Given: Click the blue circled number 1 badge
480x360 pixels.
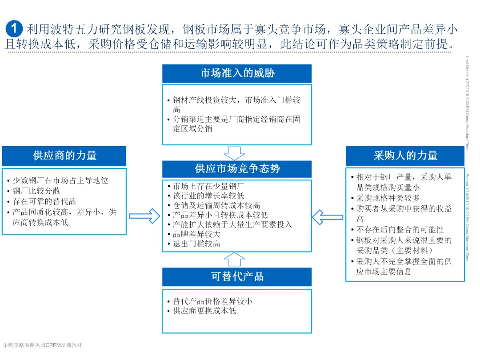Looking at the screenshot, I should pos(14,29).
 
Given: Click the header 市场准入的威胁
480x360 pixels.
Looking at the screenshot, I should pos(237,73).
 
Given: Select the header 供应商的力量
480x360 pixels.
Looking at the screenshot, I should pos(64,156).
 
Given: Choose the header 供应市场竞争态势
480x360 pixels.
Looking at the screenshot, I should pos(237,169).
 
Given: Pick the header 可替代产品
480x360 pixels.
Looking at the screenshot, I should pos(237,276).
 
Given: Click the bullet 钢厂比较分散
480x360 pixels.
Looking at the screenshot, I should pos(36,191).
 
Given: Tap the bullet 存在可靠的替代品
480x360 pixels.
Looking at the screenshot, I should pos(44,201).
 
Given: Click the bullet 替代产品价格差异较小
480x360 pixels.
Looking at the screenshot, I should pos(212,301).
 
